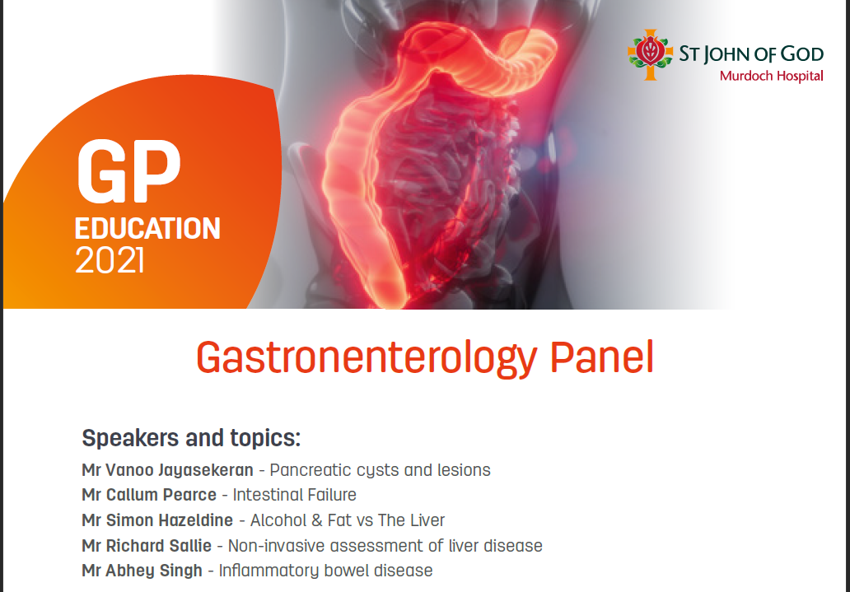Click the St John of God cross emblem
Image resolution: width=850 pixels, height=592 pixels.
click(650, 54)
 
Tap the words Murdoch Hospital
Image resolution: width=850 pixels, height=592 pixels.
click(772, 76)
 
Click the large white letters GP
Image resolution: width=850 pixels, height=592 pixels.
click(129, 171)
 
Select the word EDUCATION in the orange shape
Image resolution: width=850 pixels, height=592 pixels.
click(147, 228)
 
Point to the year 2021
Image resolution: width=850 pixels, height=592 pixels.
click(110, 261)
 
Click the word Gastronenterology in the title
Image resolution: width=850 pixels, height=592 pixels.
click(367, 358)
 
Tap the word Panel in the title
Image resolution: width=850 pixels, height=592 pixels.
click(602, 357)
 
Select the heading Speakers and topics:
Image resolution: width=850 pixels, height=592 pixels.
click(191, 437)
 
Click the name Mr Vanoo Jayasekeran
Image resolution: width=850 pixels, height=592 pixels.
click(167, 470)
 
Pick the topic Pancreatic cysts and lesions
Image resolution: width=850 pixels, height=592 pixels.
click(380, 470)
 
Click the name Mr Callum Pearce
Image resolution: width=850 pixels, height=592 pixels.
click(149, 495)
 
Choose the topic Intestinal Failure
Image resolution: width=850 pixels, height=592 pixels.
click(294, 495)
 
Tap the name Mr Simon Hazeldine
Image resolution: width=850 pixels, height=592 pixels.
click(157, 520)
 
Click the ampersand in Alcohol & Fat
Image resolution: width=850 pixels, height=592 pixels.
click(317, 520)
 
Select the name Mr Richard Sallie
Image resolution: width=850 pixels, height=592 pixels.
click(147, 545)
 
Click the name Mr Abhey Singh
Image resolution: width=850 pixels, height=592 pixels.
click(142, 571)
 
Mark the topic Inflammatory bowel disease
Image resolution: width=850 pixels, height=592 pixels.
click(326, 571)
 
